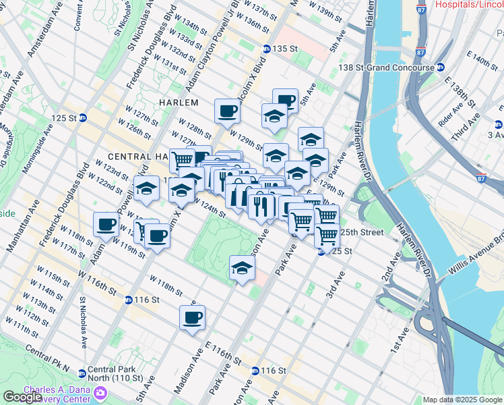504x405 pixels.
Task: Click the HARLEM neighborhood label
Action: [x=179, y=102]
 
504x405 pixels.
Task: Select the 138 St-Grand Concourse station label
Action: [x=396, y=67]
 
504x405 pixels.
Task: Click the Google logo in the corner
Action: [x=22, y=397]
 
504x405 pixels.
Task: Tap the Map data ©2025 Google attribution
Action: [x=462, y=400]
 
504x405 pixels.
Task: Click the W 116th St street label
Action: [x=98, y=281]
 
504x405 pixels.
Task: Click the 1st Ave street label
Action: [x=402, y=342]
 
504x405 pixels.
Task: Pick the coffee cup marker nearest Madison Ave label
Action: [x=192, y=317]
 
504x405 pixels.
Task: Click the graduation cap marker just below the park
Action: [x=243, y=268]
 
